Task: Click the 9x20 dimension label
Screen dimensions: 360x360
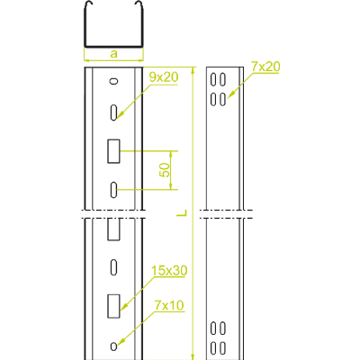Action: coord(164,77)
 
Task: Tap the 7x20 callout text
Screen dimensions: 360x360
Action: coord(265,67)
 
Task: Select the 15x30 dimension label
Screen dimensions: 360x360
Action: coord(169,270)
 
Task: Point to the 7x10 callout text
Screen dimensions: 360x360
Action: coord(169,305)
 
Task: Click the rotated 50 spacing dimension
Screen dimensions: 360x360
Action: coord(165,170)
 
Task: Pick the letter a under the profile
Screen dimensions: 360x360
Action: coord(114,54)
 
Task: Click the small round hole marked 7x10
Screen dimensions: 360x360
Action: coord(113,346)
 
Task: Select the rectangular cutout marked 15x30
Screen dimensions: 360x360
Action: coord(113,306)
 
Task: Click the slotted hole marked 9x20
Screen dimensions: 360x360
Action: coord(113,112)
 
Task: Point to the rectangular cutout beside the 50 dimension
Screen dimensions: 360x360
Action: coord(113,151)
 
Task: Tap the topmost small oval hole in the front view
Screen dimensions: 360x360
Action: coord(113,81)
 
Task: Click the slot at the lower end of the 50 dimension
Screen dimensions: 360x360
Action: coord(113,190)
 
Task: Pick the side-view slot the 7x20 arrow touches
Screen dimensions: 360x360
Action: coord(222,100)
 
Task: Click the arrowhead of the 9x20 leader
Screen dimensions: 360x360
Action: coord(121,113)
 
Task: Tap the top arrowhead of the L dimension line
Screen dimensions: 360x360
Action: coord(193,70)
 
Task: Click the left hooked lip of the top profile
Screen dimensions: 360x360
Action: coord(87,6)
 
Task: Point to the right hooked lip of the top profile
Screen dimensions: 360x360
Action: coord(140,6)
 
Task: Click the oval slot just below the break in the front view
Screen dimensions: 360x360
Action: coord(113,266)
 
